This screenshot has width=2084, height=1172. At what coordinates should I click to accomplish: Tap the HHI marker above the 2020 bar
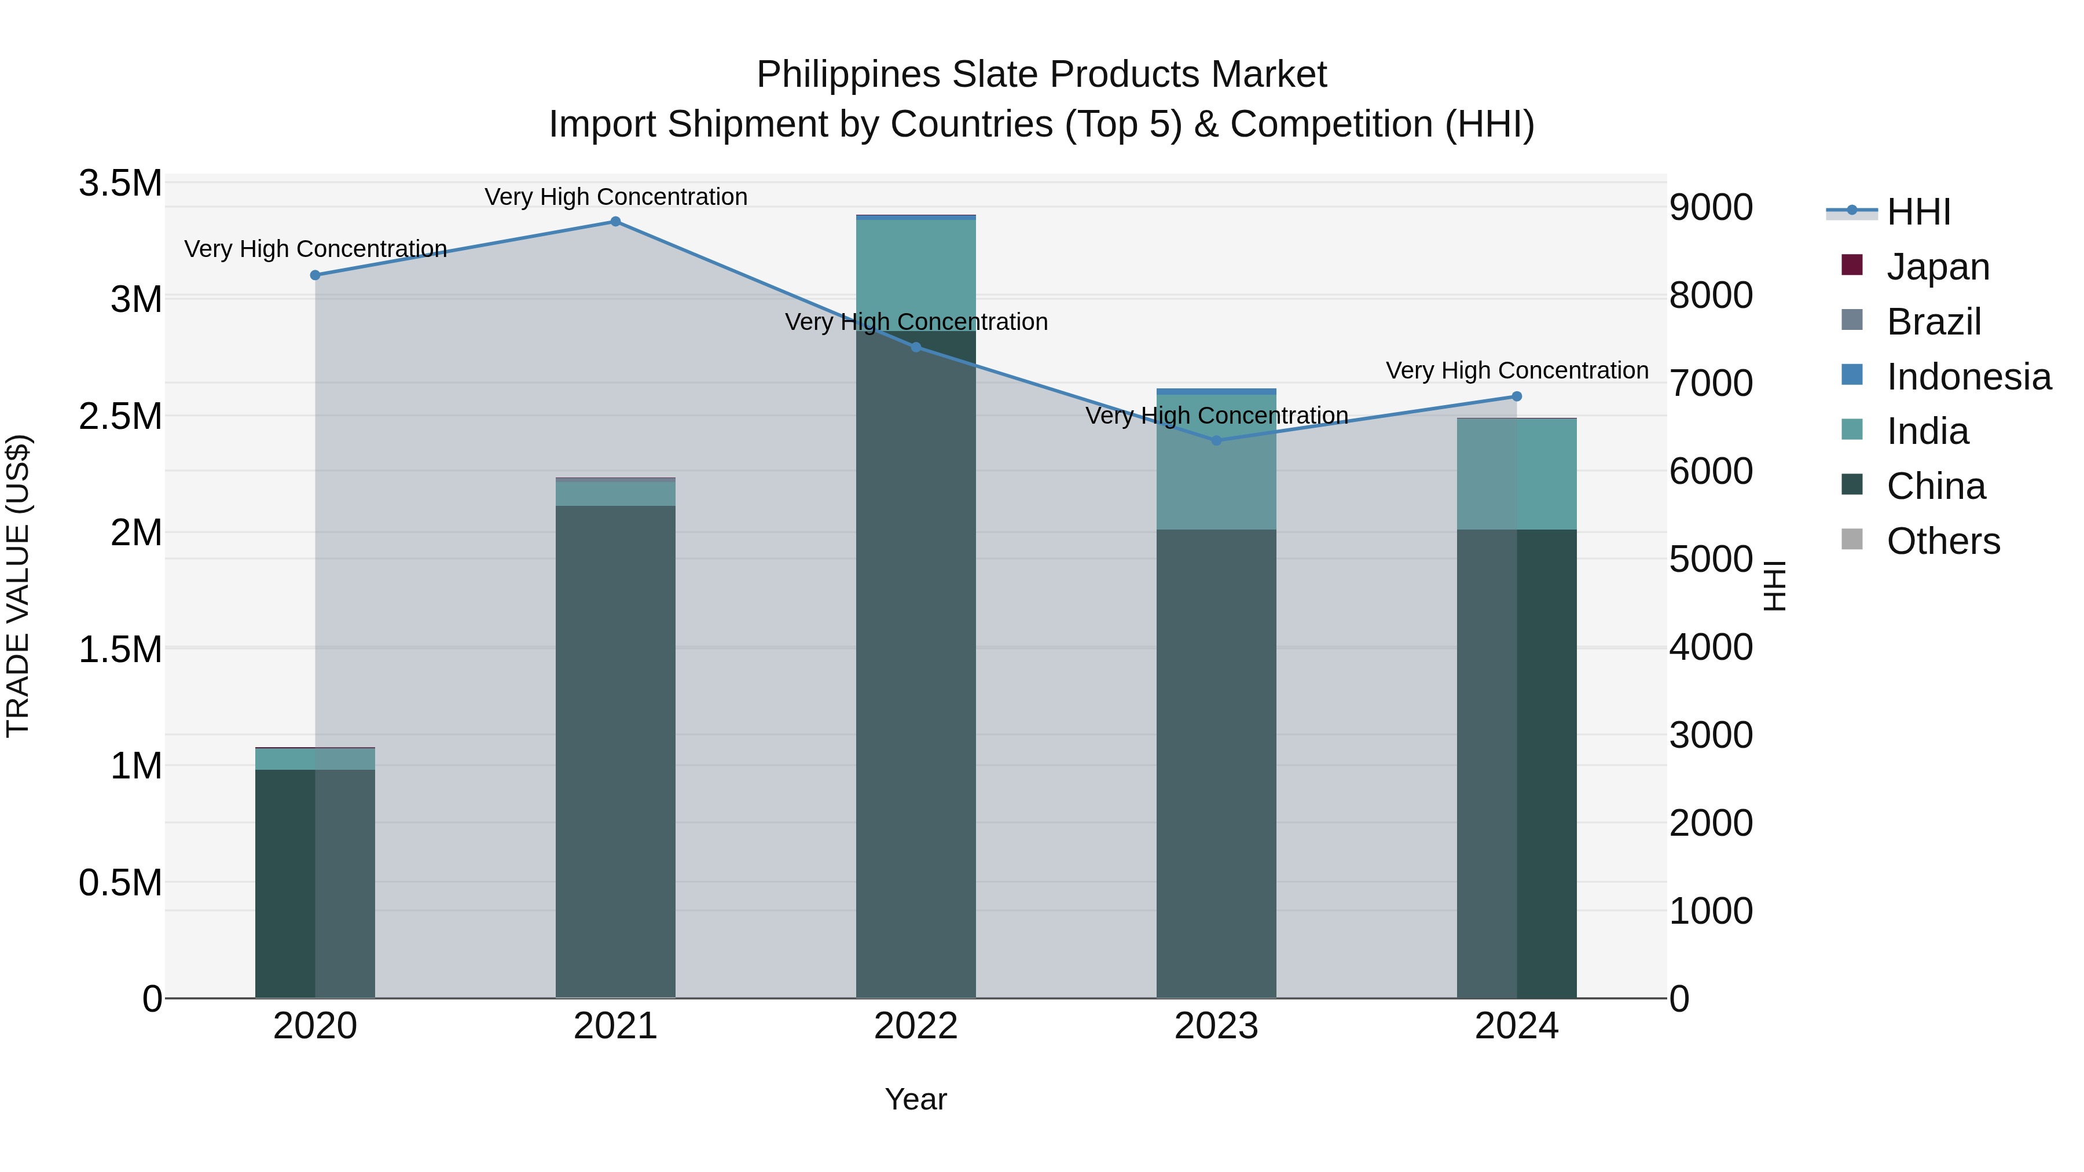pos(315,275)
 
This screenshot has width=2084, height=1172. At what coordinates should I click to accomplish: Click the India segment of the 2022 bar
pos(916,275)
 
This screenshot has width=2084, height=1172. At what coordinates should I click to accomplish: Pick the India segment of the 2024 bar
pos(1516,474)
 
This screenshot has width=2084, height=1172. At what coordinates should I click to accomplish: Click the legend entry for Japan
pos(1937,267)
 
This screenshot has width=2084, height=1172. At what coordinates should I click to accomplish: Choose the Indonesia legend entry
pos(1968,377)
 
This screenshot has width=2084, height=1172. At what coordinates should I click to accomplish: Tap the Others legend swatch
pos(1852,539)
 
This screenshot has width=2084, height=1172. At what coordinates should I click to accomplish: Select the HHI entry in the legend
pos(1917,212)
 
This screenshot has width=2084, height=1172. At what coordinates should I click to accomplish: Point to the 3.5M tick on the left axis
pos(120,183)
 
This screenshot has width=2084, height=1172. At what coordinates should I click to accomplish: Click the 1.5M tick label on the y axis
pos(120,649)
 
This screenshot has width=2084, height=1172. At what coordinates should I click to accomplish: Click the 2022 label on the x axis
pos(916,1026)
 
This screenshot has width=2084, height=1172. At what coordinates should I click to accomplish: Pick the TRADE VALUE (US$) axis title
pos(18,586)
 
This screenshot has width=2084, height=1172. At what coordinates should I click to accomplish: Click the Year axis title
pos(915,1099)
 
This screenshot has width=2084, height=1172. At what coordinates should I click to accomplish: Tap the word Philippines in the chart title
pos(848,75)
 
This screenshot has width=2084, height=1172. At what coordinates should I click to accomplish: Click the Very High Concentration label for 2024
pos(1516,370)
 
